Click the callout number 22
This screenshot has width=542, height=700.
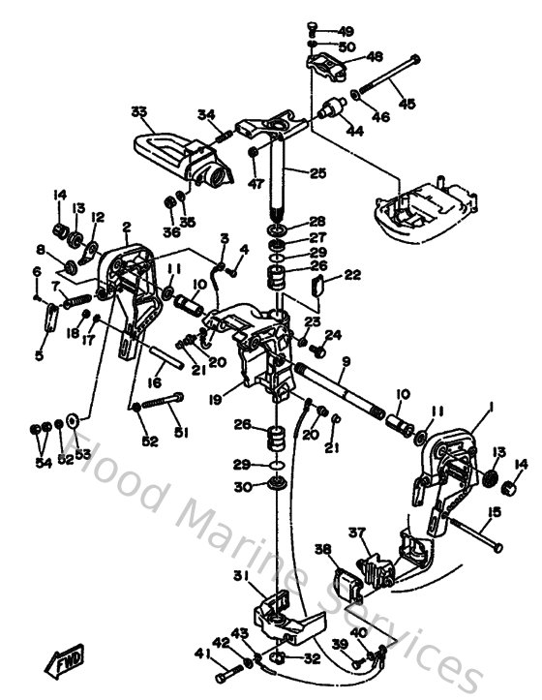coord(352,275)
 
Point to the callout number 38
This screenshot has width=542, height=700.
coord(321,549)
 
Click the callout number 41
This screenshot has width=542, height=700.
coord(201,654)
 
